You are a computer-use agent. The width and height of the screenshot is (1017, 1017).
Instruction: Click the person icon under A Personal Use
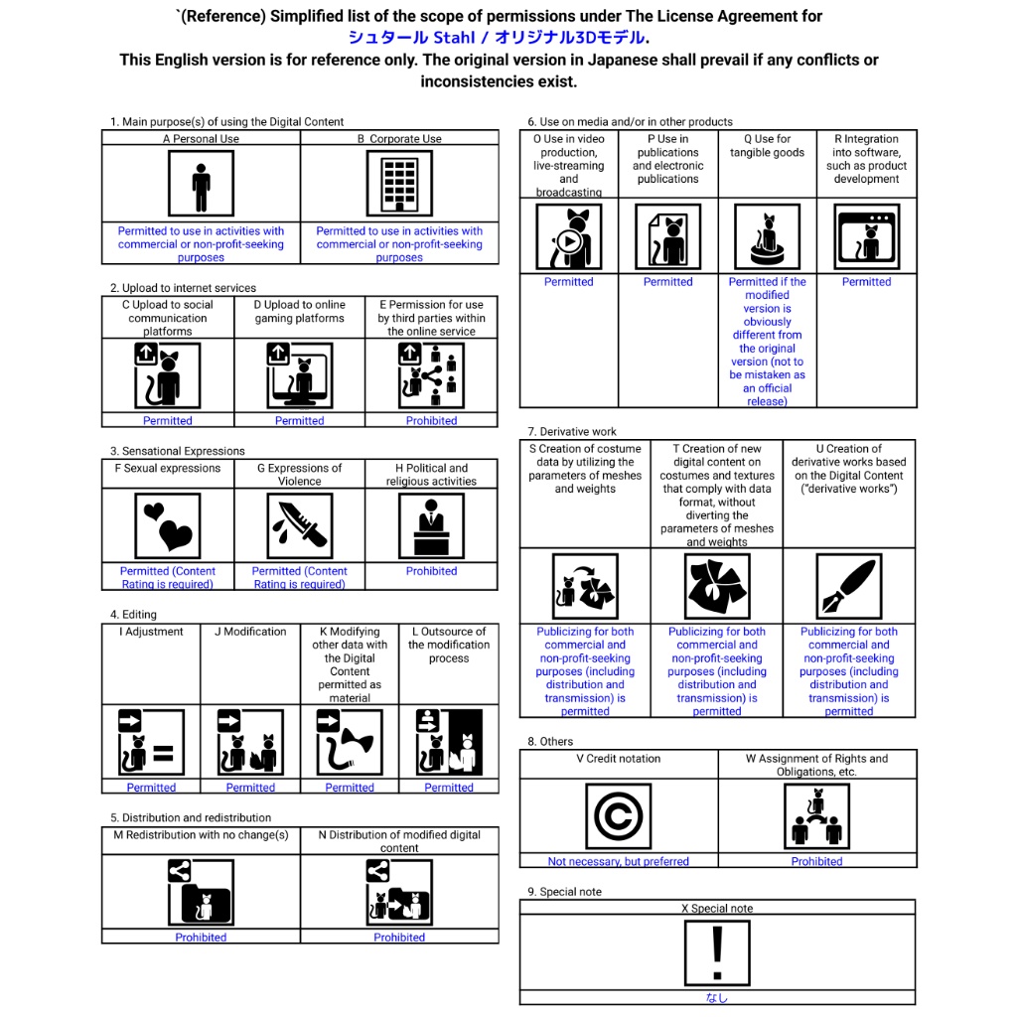[201, 184]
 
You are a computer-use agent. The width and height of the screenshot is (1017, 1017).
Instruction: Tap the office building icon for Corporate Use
[399, 184]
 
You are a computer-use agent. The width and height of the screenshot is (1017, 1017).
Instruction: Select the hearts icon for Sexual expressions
[167, 526]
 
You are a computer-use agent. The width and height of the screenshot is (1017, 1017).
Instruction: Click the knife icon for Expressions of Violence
[299, 526]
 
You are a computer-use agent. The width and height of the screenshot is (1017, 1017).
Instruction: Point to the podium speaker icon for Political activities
[431, 526]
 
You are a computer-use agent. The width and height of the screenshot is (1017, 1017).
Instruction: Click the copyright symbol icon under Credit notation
[618, 816]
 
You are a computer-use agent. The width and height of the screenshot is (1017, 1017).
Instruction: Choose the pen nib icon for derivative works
[848, 586]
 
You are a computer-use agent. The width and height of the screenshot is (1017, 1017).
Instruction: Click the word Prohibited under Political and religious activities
[431, 571]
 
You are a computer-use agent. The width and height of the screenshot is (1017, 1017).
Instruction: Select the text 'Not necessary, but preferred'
[618, 861]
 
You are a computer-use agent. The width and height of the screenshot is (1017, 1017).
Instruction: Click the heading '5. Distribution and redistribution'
[190, 817]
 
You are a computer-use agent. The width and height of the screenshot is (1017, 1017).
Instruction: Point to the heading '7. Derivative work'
[572, 432]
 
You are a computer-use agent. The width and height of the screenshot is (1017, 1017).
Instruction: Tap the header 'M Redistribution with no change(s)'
[201, 835]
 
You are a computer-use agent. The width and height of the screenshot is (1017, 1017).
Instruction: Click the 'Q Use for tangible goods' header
[767, 146]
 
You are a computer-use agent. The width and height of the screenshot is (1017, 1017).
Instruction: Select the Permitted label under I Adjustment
[151, 788]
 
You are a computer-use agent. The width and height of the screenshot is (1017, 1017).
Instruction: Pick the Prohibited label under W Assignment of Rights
[816, 861]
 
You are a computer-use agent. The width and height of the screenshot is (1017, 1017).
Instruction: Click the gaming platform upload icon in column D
[299, 375]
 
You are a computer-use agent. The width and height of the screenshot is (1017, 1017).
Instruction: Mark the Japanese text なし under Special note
[716, 998]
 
